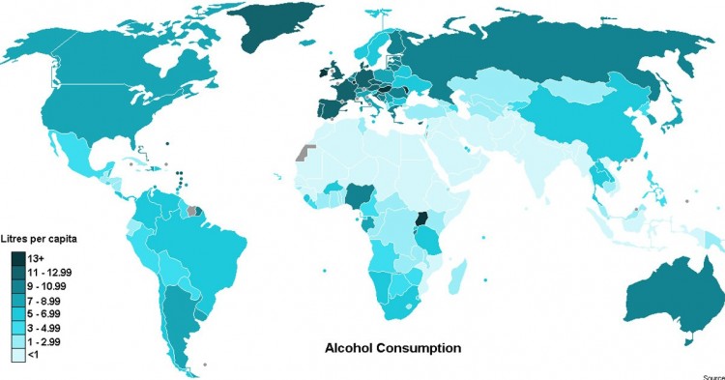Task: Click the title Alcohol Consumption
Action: coord(391,346)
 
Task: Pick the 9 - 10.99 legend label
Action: coord(52,288)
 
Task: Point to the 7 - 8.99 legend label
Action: coord(50,302)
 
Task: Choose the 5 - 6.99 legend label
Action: coord(50,315)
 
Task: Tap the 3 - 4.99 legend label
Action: coord(50,329)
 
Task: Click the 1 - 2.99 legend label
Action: coord(50,342)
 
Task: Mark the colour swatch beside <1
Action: coord(19,356)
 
